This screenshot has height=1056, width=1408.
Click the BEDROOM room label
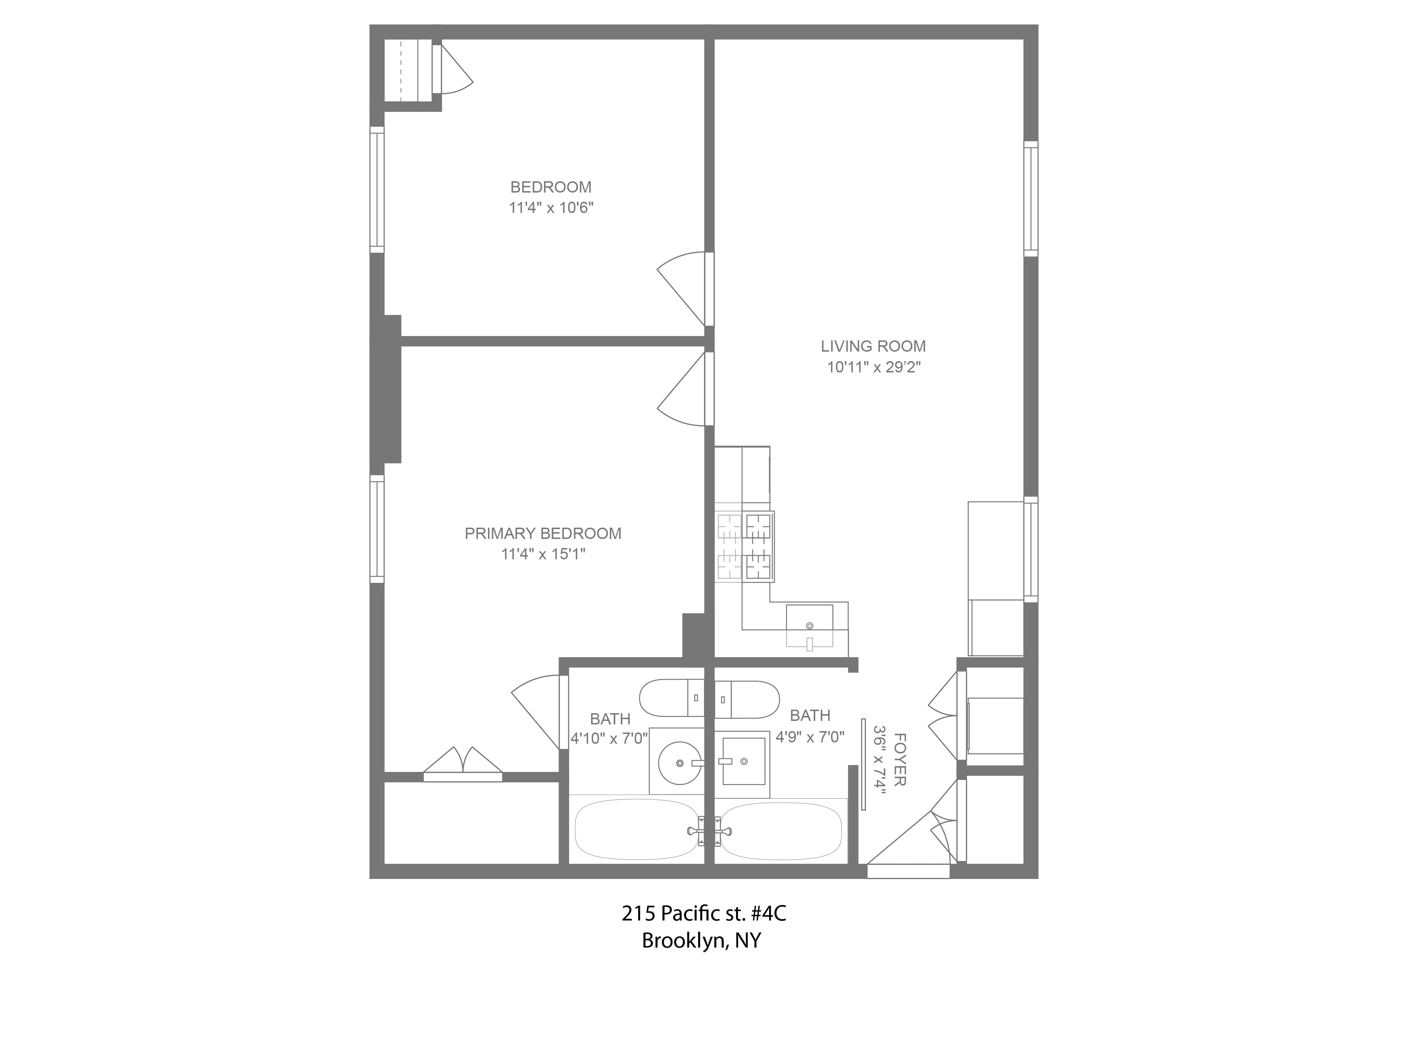pos(551,187)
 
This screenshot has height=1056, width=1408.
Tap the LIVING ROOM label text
pos(873,346)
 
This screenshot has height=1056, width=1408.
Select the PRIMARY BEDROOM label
pos(542,533)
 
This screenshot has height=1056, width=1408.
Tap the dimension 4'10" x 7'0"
pos(609,738)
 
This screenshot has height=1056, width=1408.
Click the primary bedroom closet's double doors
pos(463,764)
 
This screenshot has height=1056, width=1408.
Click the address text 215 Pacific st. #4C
pos(703,913)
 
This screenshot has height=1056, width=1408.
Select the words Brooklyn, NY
pos(701,940)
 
